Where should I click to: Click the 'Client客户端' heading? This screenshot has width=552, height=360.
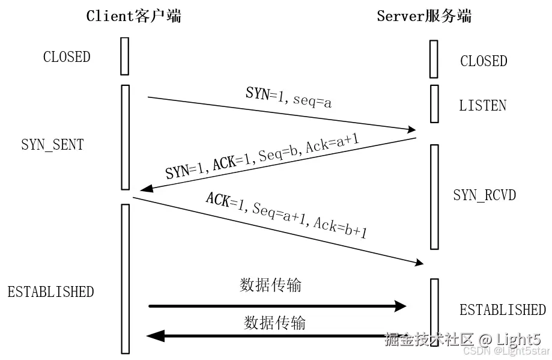(133, 16)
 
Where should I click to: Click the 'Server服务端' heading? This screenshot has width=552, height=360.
(424, 16)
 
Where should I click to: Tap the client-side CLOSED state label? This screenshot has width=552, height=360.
(67, 57)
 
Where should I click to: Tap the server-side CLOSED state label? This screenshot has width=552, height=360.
(484, 61)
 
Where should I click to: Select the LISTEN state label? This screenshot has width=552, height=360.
(482, 106)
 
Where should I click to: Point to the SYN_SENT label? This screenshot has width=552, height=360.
(52, 145)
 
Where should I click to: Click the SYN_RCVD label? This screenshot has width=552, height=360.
(484, 195)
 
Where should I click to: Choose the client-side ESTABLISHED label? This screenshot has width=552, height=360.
(50, 292)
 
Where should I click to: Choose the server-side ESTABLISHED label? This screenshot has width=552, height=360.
(502, 310)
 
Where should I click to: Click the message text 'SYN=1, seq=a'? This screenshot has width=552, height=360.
(289, 97)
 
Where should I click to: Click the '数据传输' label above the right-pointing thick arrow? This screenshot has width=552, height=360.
(270, 285)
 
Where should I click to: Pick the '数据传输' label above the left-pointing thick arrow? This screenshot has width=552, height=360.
(274, 323)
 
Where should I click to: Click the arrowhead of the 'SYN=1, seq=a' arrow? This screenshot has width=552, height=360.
(412, 129)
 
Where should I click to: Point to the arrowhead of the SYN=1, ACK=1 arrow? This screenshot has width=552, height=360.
(144, 189)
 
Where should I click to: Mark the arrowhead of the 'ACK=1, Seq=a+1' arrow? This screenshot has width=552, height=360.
(419, 263)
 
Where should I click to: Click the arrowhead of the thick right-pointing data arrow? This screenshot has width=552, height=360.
(401, 307)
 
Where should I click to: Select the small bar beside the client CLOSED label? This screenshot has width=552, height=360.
(124, 56)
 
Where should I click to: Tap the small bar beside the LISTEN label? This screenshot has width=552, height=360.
(434, 103)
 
